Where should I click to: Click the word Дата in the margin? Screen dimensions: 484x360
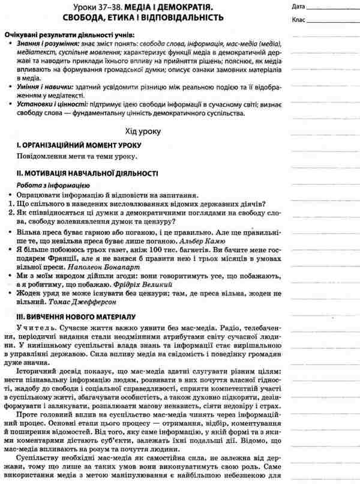click(300, 7)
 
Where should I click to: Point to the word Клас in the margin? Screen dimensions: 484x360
click(299, 21)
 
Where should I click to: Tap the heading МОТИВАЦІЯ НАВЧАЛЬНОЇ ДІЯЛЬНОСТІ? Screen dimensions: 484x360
click(81, 174)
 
